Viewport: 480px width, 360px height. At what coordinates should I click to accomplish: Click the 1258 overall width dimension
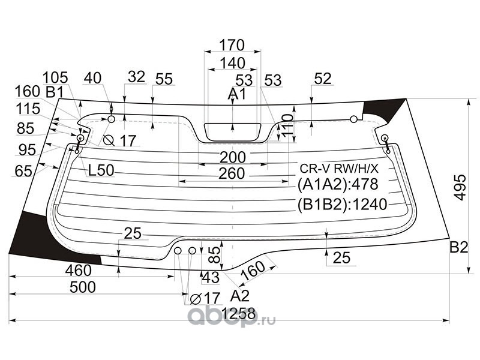click(x=239, y=314)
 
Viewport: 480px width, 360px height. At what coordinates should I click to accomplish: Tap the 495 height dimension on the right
click(x=460, y=187)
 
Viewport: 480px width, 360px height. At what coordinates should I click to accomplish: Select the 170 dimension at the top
click(x=232, y=45)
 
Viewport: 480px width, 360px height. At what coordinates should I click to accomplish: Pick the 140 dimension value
click(x=233, y=64)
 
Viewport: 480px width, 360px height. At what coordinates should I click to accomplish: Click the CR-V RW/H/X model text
click(x=339, y=169)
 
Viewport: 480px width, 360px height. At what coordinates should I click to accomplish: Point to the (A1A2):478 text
click(x=338, y=184)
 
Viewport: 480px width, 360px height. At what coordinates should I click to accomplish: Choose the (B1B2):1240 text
click(x=343, y=204)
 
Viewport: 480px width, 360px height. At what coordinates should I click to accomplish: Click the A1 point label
click(x=236, y=94)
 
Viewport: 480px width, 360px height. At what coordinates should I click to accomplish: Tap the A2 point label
click(x=240, y=296)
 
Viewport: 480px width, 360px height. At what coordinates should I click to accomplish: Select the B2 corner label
click(x=459, y=247)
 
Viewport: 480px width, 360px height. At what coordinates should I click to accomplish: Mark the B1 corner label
click(x=54, y=92)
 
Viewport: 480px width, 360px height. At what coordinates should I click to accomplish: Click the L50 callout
click(x=101, y=170)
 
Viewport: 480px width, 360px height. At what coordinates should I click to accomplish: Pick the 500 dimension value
click(x=83, y=287)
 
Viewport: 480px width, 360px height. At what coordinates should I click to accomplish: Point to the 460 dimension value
click(x=79, y=271)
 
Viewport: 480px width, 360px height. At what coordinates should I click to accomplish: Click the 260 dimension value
click(x=232, y=173)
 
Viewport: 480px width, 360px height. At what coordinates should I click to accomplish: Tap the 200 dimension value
click(x=233, y=157)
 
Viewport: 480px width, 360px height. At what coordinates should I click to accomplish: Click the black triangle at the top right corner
click(x=382, y=109)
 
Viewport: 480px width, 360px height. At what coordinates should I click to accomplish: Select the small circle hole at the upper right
click(x=353, y=119)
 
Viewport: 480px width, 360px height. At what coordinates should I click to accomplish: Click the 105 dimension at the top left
click(x=55, y=77)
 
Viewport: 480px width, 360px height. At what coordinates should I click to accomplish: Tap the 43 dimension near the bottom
click(x=211, y=278)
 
